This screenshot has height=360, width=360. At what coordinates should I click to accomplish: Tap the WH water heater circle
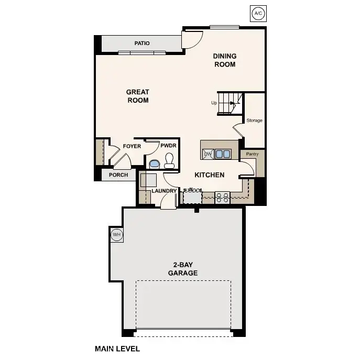point(116,235)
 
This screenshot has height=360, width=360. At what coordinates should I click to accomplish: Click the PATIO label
point(141,43)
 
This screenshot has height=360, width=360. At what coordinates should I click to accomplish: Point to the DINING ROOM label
point(224,60)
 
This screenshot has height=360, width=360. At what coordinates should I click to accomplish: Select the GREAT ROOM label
point(138,96)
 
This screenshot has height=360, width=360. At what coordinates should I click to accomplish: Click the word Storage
point(254,121)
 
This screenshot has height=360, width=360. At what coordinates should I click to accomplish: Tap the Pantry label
point(253,155)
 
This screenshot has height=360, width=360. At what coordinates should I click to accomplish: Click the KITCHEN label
point(210,175)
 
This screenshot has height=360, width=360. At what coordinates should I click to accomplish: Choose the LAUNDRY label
point(164,191)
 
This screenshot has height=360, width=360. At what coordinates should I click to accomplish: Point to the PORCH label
point(118,175)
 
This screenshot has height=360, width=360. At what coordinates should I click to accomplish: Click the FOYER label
point(132,146)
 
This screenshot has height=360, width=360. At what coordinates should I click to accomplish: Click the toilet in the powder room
point(169,160)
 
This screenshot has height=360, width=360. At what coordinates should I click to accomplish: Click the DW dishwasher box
point(208,154)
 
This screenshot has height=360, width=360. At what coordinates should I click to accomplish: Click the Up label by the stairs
point(214,103)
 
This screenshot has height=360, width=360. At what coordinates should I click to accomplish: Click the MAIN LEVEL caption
point(117,348)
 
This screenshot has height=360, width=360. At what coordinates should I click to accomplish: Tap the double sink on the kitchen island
point(223,154)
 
